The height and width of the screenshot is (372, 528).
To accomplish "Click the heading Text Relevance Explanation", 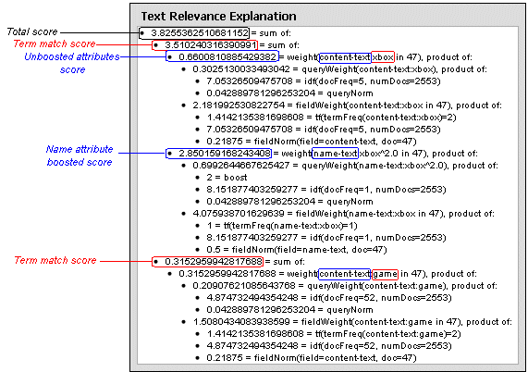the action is click(218, 16).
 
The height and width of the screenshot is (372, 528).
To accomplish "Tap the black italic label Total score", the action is click(32, 31).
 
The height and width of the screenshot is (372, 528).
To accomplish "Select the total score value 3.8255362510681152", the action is click(200, 33).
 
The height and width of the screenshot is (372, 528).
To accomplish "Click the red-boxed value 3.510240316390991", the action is click(211, 45).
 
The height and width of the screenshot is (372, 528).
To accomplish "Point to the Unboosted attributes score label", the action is click(72, 63).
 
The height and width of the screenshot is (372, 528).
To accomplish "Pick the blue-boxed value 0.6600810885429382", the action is click(227, 57).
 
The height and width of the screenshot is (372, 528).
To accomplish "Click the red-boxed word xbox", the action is click(383, 57).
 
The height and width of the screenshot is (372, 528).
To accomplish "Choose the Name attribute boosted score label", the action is click(80, 155).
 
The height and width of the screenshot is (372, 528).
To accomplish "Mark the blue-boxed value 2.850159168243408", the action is click(225, 154).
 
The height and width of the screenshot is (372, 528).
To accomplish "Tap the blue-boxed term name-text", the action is click(335, 154).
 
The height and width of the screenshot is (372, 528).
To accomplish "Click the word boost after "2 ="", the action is click(236, 178).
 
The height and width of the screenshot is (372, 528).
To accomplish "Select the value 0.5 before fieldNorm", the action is click(214, 250).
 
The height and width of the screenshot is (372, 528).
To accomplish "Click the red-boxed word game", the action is click(386, 274).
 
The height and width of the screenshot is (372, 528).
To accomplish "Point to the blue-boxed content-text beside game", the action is click(345, 274).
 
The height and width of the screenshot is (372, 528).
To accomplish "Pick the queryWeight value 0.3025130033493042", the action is click(241, 69).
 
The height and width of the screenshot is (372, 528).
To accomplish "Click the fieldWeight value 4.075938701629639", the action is click(239, 214).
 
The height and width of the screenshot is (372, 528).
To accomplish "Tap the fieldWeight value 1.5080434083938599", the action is click(241, 322).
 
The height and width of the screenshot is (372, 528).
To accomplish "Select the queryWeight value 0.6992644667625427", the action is click(241, 166).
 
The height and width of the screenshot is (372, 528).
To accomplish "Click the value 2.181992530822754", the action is click(239, 105).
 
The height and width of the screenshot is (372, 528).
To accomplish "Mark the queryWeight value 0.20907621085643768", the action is click(244, 286).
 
